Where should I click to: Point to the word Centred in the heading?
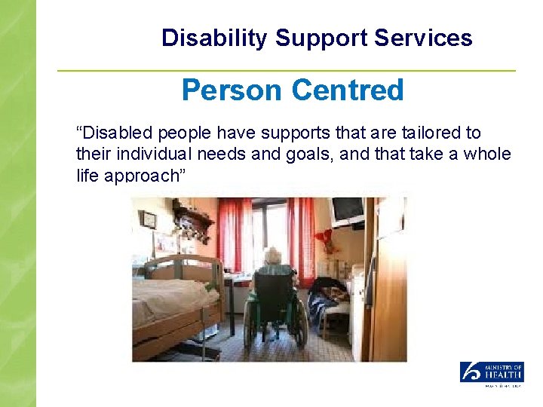click(348, 90)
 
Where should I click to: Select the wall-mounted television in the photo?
click(348, 210)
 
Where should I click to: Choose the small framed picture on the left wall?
click(149, 221)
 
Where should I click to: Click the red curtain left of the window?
click(235, 234)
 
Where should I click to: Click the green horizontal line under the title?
click(287, 71)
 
